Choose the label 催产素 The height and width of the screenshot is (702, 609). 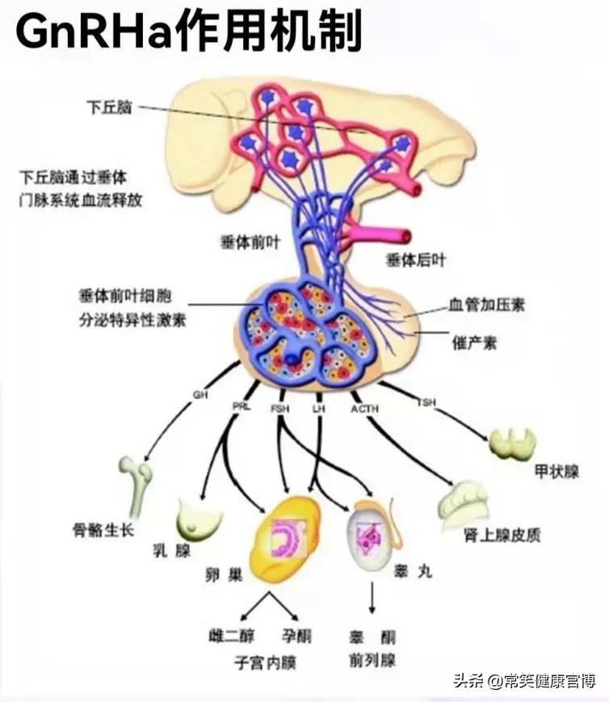(474, 343)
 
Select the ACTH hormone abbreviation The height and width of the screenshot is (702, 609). (363, 409)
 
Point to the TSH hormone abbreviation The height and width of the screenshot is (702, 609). (426, 401)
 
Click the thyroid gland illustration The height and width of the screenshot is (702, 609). (513, 443)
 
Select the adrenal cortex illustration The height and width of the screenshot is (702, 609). (464, 502)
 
